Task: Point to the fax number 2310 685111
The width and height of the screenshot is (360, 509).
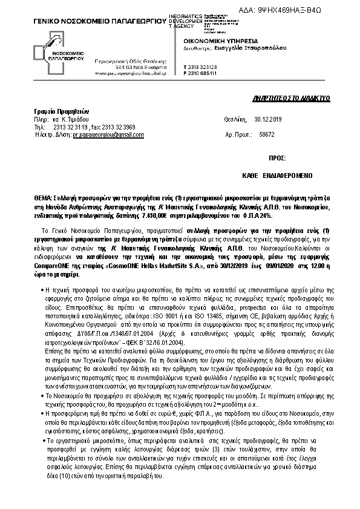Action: (x=203, y=74)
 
